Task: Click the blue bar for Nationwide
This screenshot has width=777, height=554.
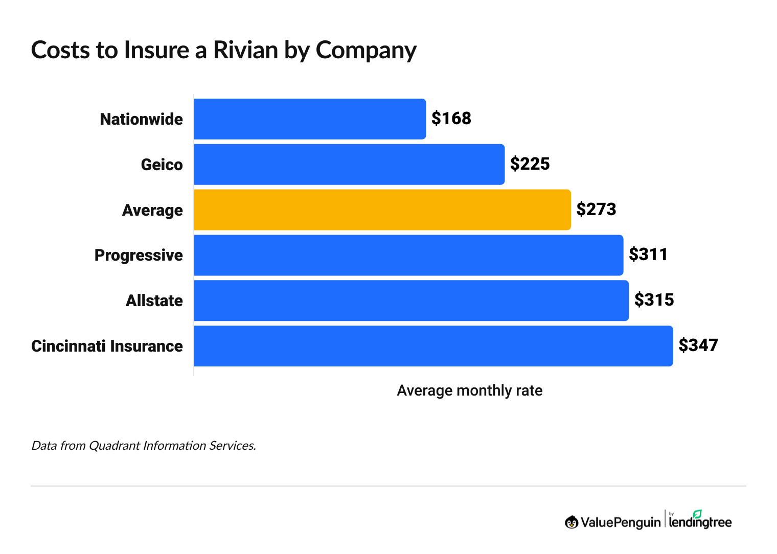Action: (310, 119)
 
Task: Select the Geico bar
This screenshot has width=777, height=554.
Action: (349, 165)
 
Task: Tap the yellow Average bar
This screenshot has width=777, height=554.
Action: (382, 210)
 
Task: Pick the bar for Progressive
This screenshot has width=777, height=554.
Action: (408, 255)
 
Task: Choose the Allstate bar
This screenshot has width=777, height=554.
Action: (412, 301)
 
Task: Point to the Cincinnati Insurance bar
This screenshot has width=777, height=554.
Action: (433, 346)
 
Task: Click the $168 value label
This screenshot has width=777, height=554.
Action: (451, 119)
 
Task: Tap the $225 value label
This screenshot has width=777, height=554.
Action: (530, 164)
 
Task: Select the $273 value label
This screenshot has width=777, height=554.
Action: (596, 210)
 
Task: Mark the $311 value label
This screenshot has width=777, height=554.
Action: (648, 255)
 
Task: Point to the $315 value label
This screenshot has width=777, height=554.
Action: (654, 300)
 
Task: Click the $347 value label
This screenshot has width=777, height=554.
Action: (698, 345)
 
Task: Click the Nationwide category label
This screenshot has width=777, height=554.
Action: (141, 120)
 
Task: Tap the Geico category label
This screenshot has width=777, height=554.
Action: (162, 165)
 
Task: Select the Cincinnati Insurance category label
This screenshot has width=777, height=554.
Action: (107, 347)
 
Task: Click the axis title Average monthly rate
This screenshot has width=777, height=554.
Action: (469, 391)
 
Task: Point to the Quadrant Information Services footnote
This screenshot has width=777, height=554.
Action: (144, 446)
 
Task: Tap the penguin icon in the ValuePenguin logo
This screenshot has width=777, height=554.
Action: (572, 522)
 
